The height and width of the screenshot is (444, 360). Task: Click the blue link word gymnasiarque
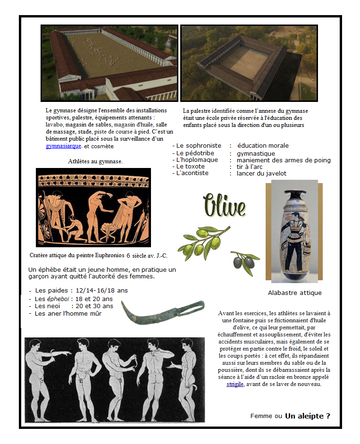[x=64, y=146]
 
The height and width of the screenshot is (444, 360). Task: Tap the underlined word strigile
[x=235, y=384]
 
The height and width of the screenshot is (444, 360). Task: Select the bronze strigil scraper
[x=162, y=313]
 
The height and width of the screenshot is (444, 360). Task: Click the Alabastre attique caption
[x=294, y=293]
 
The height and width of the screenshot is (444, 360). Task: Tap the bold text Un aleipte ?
[x=307, y=416]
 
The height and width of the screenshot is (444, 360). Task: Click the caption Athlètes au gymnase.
[x=95, y=161]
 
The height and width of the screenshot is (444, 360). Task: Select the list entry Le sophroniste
[x=198, y=146]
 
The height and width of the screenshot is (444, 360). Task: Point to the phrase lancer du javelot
[x=261, y=173]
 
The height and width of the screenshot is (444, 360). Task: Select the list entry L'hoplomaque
[x=197, y=160]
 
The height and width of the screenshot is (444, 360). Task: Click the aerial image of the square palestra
[x=249, y=63]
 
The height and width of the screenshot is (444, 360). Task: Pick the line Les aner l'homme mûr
[x=68, y=313]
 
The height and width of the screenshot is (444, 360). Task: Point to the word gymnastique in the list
[x=256, y=153]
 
